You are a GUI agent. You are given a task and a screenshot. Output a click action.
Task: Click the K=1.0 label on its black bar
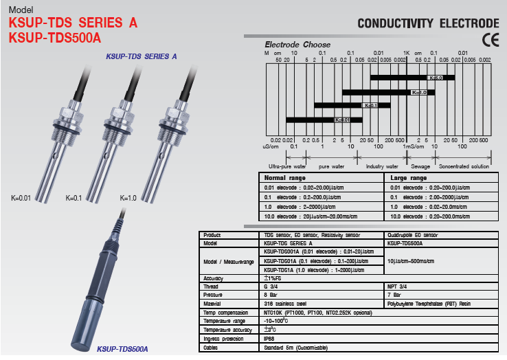point(419,92)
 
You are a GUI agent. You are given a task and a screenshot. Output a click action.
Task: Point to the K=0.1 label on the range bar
point(370,106)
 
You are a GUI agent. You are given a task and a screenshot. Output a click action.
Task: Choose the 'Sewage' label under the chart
point(420,166)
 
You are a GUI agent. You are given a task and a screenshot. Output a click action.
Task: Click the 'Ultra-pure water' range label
point(288,166)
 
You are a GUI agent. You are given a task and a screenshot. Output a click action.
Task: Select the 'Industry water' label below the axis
point(382,166)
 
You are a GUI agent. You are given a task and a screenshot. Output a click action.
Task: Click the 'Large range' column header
point(407,178)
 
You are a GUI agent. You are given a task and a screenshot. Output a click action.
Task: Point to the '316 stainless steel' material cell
point(284,302)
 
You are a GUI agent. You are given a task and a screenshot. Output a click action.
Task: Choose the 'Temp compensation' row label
point(223,311)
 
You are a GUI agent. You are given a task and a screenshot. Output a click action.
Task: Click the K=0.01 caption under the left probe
point(21,198)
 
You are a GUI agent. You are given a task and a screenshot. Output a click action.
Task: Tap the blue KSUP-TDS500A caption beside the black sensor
point(123,349)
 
